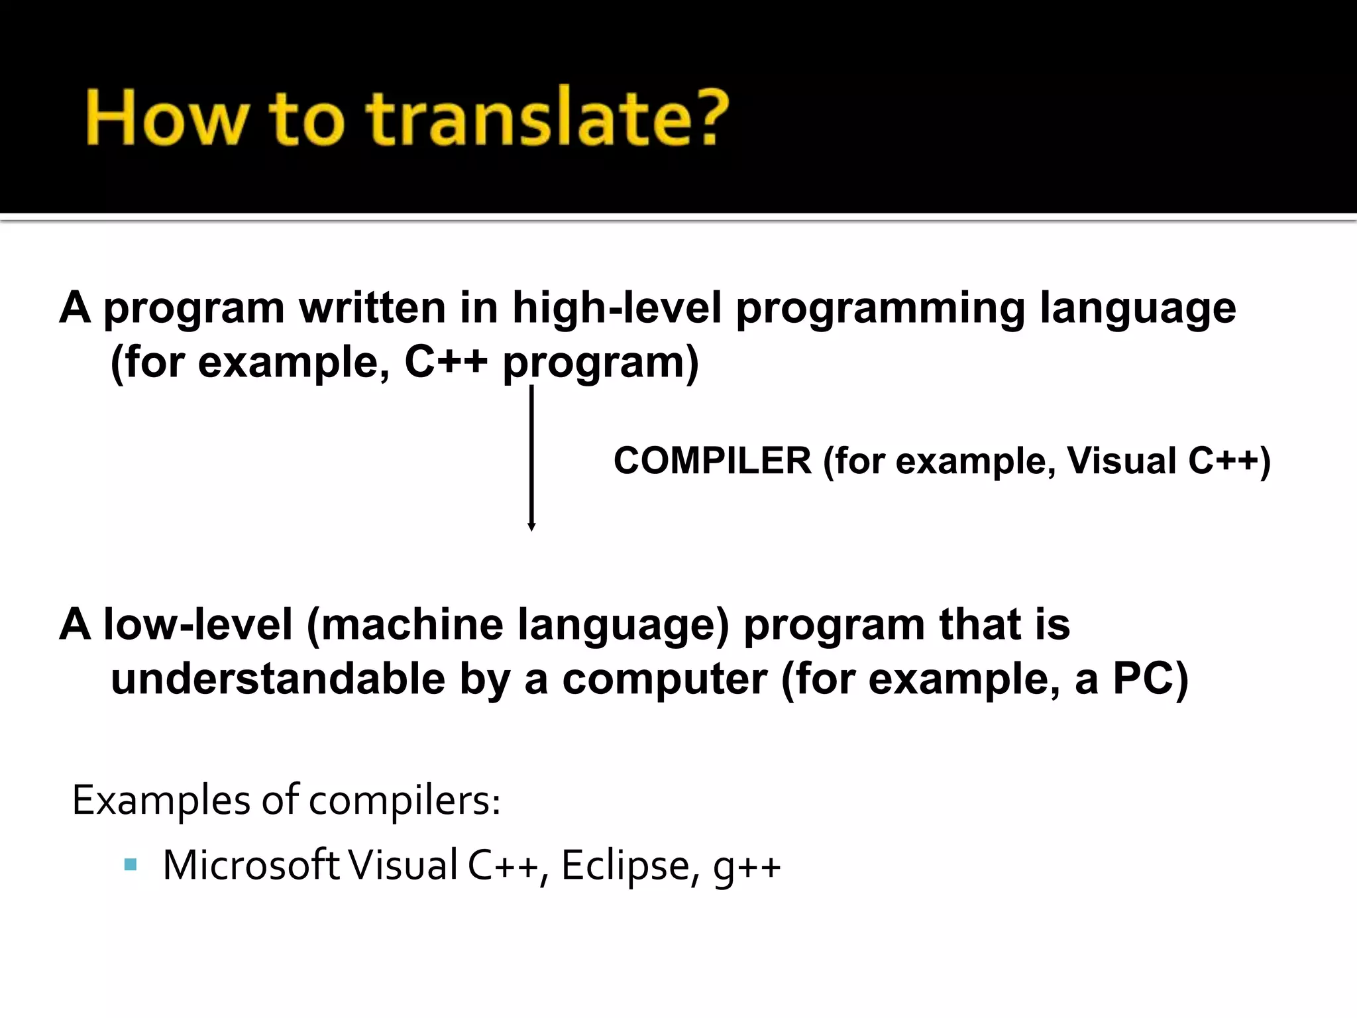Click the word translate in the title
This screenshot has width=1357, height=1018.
pos(517,119)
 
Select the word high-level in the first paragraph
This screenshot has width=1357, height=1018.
pos(616,309)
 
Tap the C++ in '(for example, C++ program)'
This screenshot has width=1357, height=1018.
pos(446,363)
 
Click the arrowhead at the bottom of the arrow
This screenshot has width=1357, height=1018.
pos(531,526)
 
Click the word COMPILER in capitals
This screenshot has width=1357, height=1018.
pos(712,461)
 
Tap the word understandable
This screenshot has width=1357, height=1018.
pos(278,679)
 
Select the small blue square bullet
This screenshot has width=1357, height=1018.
pos(130,864)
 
